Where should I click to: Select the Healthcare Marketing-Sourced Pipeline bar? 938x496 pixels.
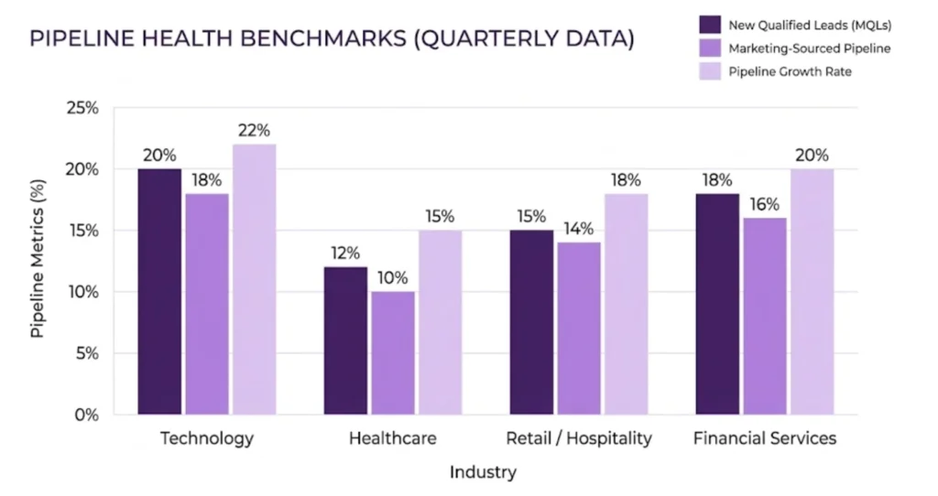(392, 352)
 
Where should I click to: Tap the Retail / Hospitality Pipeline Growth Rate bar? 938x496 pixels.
(626, 304)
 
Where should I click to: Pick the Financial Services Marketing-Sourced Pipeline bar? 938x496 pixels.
(764, 316)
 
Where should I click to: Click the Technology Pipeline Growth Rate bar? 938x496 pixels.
(254, 279)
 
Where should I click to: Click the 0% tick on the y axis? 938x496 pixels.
(87, 415)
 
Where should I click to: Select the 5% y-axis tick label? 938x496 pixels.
(87, 353)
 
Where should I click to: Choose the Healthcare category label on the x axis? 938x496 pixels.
(392, 438)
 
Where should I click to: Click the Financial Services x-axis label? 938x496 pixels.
(764, 438)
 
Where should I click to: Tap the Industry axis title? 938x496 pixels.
(483, 472)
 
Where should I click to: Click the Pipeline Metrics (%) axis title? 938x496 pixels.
(38, 261)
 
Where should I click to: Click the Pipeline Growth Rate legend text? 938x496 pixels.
(790, 71)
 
